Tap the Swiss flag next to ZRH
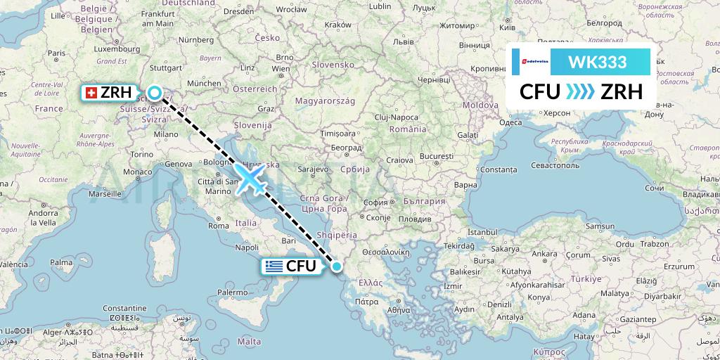click(x=90, y=93)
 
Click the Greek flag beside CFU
click(x=273, y=266)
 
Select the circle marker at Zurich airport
click(x=154, y=92)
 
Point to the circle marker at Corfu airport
click(x=337, y=266)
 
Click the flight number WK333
click(x=598, y=62)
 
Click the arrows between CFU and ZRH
click(x=579, y=92)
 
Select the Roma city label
click(x=218, y=226)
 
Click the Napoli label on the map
click(x=247, y=247)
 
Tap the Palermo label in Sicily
click(x=232, y=292)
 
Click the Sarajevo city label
click(x=314, y=169)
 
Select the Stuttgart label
click(x=166, y=68)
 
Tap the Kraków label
click(x=338, y=24)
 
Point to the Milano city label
click(x=166, y=134)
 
